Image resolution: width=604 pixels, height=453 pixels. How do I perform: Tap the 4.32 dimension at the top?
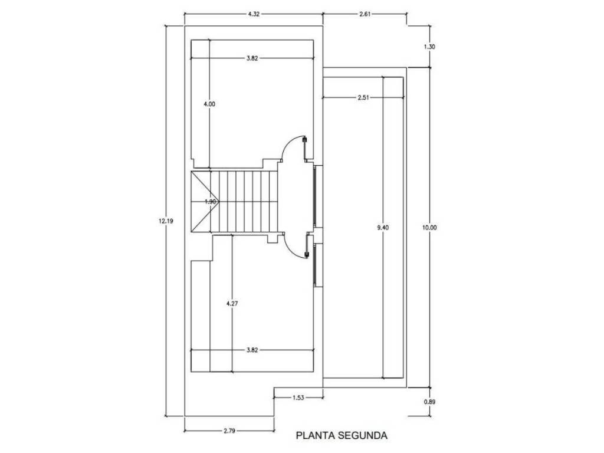[x=254, y=14]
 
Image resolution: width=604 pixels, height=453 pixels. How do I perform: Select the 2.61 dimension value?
[x=365, y=14]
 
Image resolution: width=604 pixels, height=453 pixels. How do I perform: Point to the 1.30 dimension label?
[x=429, y=47]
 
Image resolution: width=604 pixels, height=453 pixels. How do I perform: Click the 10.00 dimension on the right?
[x=429, y=228]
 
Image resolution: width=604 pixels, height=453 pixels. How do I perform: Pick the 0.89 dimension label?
[x=429, y=402]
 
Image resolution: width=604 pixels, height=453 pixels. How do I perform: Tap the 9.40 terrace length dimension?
[x=383, y=228]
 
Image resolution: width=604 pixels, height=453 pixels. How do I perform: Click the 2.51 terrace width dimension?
[x=363, y=97]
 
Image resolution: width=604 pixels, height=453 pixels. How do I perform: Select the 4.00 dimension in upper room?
[x=209, y=104]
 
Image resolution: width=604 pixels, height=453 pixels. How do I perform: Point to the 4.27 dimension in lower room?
[x=232, y=304]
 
